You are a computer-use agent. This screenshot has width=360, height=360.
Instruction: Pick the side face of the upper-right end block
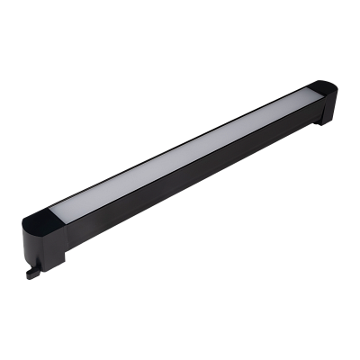[x=326, y=109]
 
